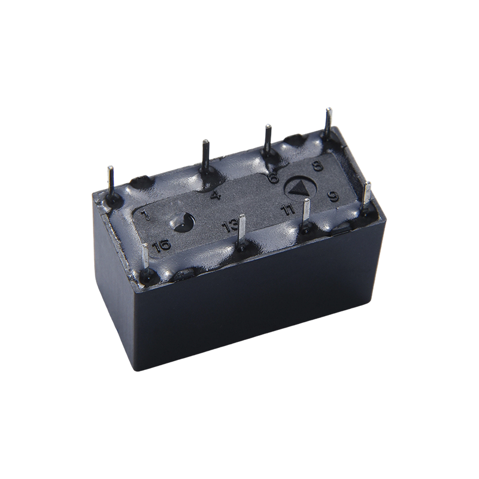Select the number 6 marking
(274, 177)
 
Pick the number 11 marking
(288, 210)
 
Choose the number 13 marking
(229, 226)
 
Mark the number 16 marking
(162, 245)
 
